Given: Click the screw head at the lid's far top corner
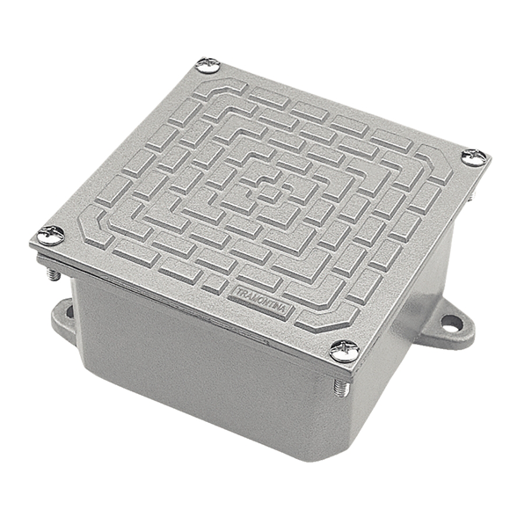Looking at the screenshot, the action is click(208, 65).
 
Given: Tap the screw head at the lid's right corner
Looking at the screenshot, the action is click(475, 157).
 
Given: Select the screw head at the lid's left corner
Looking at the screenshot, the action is click(51, 235).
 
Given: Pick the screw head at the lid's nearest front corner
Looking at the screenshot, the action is click(345, 351).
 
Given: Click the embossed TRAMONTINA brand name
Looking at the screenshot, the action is click(261, 301).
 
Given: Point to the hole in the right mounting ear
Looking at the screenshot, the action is click(451, 323).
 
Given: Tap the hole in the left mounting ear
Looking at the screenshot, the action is click(70, 312).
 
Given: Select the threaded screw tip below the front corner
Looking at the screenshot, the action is click(341, 388).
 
